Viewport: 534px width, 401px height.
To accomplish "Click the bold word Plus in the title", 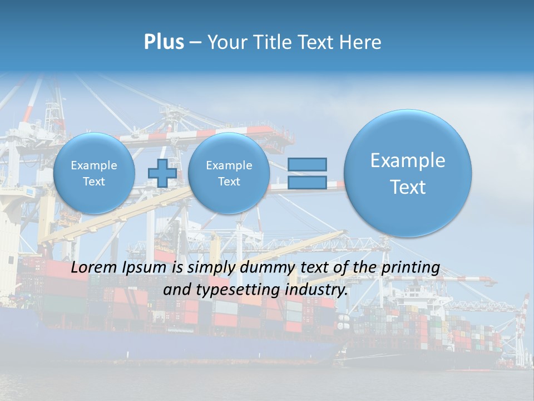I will pos(164,42).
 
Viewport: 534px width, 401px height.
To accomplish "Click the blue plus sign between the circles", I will pos(162,173).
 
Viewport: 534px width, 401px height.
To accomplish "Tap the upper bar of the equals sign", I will pos(307,164).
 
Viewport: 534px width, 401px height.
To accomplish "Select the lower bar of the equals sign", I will pos(307,182).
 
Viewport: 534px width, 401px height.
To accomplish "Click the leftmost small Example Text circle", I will pos(94,173).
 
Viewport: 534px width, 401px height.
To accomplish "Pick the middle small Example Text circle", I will pos(229,173).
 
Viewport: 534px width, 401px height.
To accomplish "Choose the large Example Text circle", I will pos(408,173).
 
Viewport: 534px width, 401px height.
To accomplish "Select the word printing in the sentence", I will pos(411,268).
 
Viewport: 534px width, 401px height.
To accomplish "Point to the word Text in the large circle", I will pos(408,187).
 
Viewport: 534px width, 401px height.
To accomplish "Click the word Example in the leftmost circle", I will pos(94,165).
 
